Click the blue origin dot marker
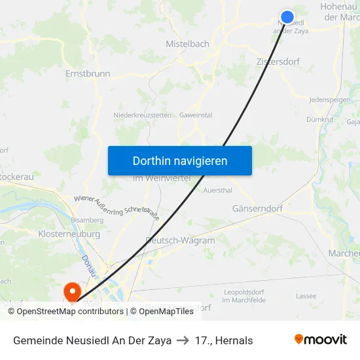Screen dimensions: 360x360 coord(287,17)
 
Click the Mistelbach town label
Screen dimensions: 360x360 coord(187,45)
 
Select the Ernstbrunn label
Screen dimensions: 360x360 coord(88,74)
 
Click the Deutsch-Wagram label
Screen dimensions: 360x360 coord(181,240)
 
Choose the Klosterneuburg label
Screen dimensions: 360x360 coord(69,234)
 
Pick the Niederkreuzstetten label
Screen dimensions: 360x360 coord(142,115)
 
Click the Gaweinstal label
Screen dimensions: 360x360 coord(196,115)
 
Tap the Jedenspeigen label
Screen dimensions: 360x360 coord(329,99)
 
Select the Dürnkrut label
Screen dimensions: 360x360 coord(319,120)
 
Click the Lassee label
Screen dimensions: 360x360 coord(306,296)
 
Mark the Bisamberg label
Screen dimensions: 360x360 coord(87,221)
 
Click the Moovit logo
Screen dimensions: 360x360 coord(320,340)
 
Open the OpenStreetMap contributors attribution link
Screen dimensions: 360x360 coord(70,312)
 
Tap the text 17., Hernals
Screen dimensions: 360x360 coord(224,340)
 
